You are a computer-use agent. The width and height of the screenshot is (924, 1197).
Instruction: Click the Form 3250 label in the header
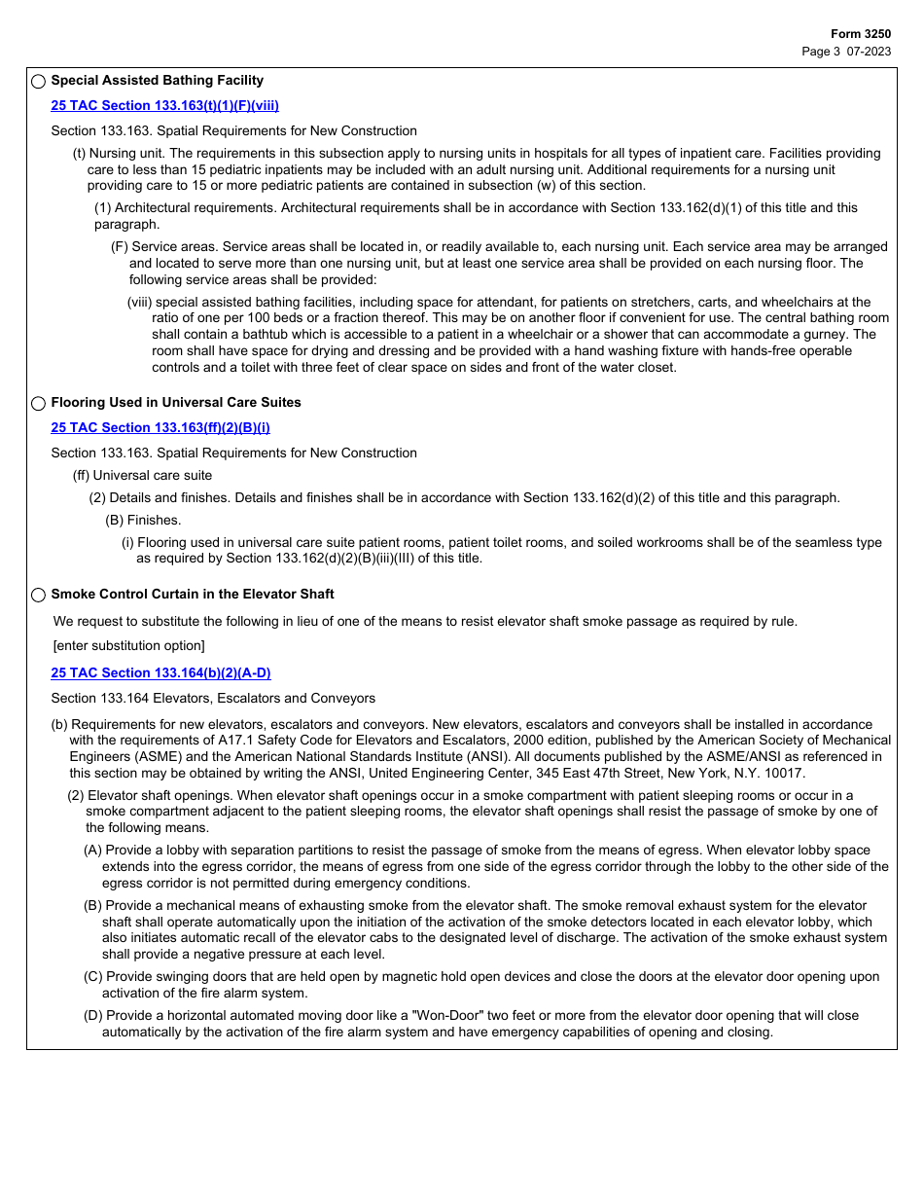[x=860, y=34]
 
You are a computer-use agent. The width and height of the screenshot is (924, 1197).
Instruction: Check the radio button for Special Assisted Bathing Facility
[x=39, y=82]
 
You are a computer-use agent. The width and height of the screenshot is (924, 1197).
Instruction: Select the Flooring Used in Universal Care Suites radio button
[x=39, y=403]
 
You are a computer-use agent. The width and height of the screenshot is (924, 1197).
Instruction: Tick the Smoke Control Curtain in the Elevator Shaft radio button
[x=39, y=595]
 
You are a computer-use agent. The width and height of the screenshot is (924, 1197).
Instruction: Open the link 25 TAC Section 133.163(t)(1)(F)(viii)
[x=164, y=105]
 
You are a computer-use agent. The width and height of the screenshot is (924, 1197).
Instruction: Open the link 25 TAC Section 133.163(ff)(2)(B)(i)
[x=160, y=427]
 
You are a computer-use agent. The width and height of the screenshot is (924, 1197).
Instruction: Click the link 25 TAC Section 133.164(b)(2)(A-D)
[x=160, y=672]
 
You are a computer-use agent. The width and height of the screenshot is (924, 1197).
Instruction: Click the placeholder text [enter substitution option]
[x=128, y=646]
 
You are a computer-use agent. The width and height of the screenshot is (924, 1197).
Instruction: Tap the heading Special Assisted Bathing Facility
[x=157, y=81]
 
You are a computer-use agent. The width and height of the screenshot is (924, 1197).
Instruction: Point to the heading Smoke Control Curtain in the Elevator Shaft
[x=192, y=594]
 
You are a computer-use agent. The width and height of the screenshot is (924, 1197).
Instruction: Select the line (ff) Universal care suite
[x=142, y=475]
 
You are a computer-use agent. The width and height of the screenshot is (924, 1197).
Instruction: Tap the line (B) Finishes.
[x=143, y=520]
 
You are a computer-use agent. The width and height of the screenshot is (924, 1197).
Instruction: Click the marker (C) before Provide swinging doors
[x=92, y=976]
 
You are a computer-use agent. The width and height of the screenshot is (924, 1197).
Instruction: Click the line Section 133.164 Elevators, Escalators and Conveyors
[x=213, y=698]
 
